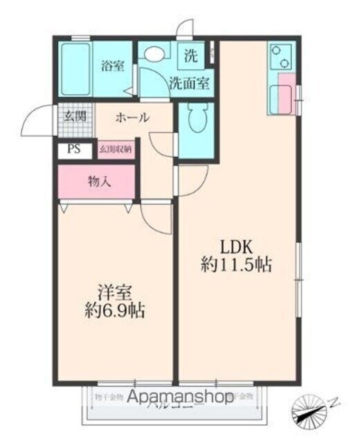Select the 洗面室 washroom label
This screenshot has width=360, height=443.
[190, 82]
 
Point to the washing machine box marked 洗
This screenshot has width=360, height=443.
[190, 53]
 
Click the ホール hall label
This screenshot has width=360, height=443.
[132, 118]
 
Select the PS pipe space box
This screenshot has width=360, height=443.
[73, 148]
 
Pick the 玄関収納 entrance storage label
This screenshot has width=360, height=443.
[116, 148]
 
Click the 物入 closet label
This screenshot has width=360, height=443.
[100, 181]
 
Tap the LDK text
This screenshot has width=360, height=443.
[239, 246]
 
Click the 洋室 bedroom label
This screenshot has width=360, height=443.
[113, 291]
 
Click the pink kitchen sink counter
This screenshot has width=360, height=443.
[281, 98]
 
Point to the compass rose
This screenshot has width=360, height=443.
[310, 410]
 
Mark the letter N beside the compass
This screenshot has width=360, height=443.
[334, 401]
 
